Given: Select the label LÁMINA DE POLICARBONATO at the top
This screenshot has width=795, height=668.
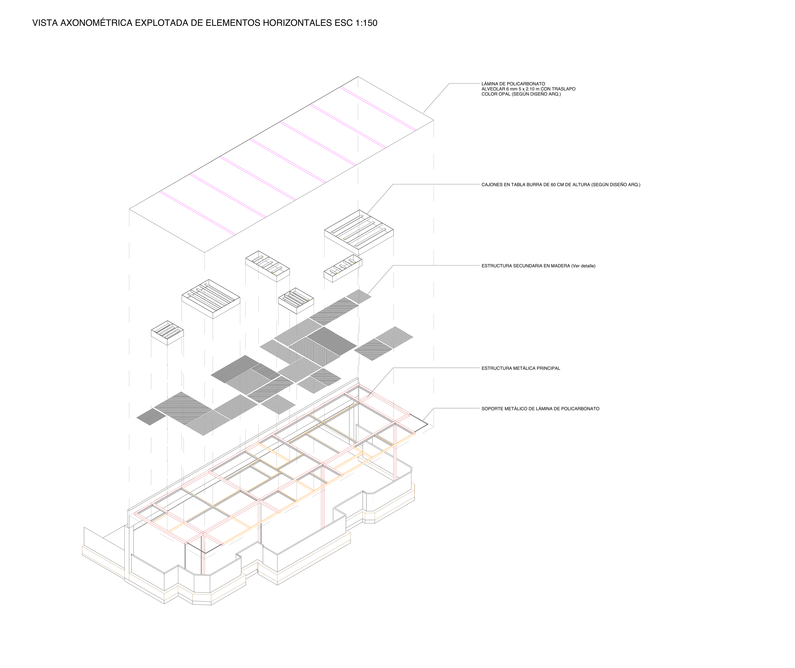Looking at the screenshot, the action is pos(513,84).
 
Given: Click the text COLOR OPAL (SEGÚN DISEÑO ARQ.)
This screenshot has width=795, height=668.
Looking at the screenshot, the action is pos(521,94).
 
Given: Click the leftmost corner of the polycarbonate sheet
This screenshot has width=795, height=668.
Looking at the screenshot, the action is pos(129,209).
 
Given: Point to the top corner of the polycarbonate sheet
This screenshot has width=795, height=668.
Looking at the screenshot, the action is pos(358,76).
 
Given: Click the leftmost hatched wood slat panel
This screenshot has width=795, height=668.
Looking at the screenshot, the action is pos(151,417).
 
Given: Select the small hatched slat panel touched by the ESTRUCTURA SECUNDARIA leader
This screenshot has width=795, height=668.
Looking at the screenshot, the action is pos(359,296).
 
